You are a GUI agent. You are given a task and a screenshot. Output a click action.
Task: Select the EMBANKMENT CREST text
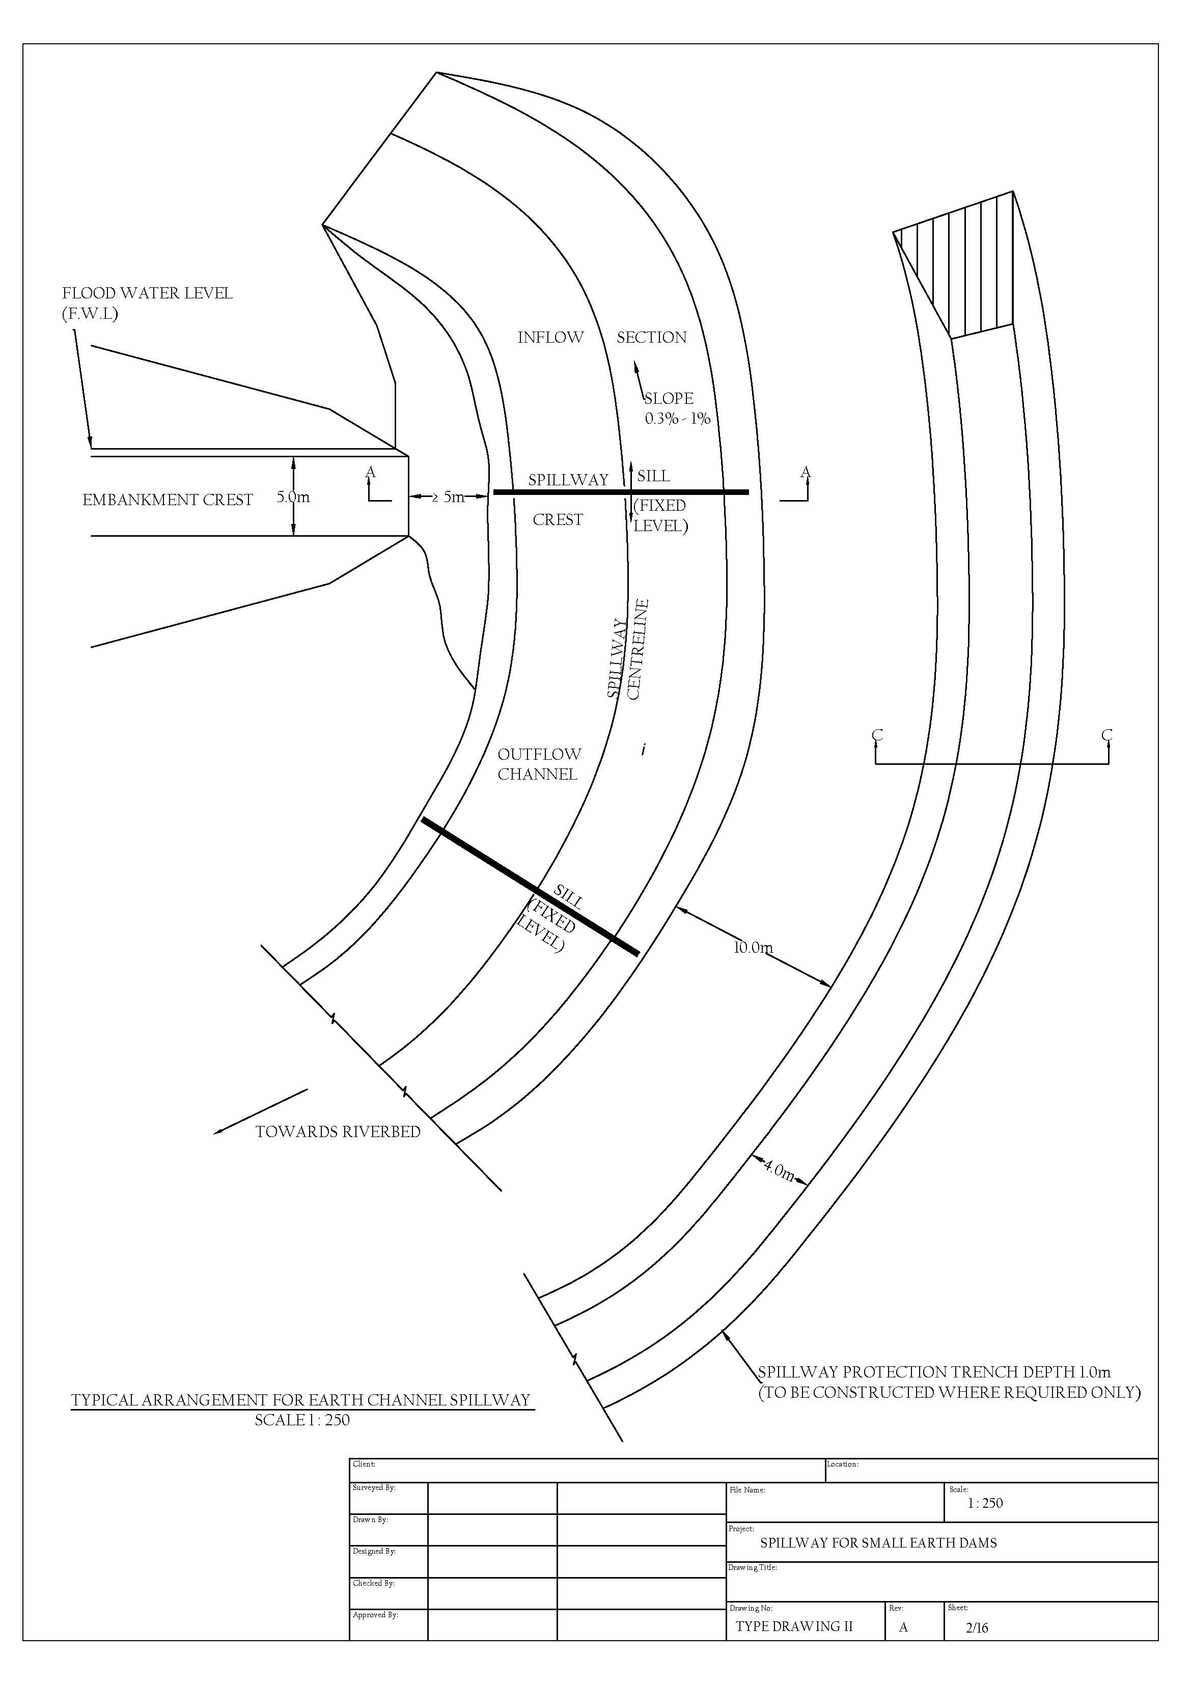point(168,501)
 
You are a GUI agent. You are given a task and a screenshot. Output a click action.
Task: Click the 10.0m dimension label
point(753,948)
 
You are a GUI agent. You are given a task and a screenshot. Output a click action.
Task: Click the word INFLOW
point(550,338)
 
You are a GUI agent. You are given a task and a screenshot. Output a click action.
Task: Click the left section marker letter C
point(877,735)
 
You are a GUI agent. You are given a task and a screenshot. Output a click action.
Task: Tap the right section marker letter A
point(805,472)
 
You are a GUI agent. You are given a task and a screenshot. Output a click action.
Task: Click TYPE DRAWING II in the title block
point(793,1626)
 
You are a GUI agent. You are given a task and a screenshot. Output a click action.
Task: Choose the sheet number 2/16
point(977,1628)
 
